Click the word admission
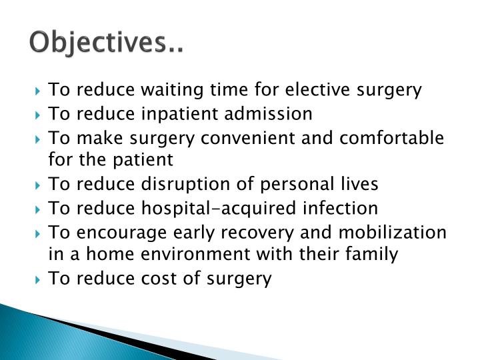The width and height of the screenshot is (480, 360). point(267,114)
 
